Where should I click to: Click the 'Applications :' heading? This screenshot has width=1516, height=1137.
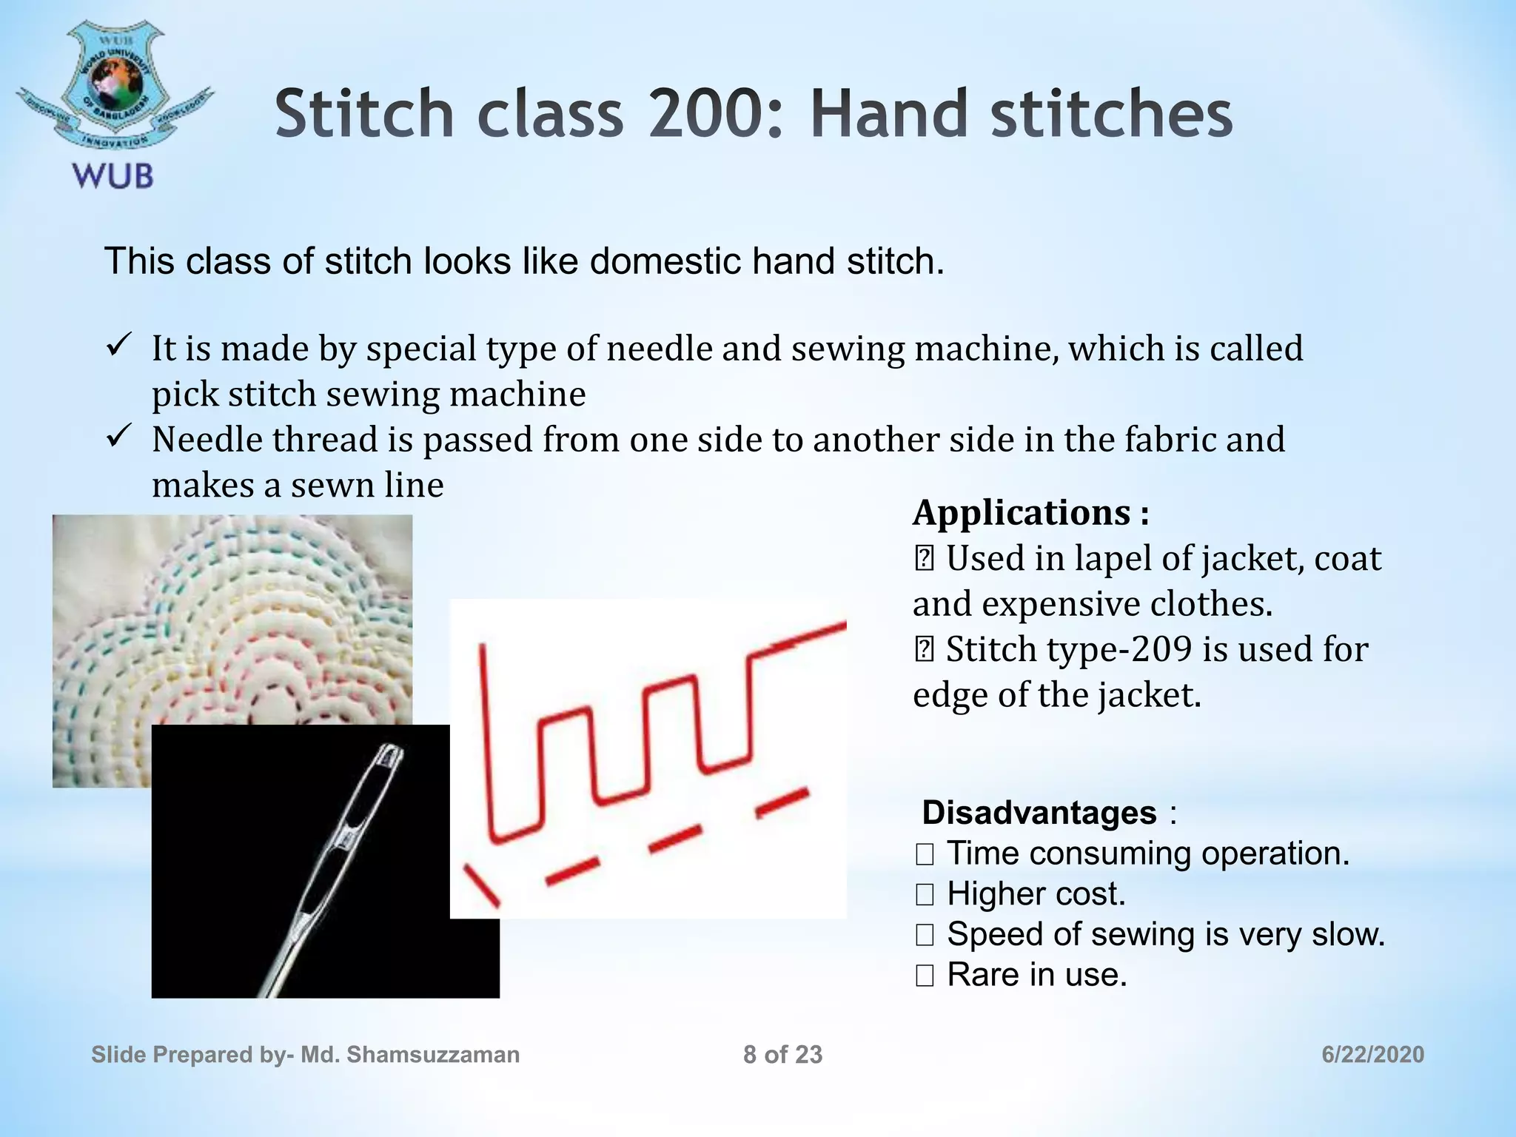(x=1031, y=512)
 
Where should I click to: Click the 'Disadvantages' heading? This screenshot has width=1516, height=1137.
(x=1039, y=813)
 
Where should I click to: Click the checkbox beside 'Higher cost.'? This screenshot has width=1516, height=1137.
(x=925, y=895)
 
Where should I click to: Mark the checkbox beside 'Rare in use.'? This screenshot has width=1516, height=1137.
(x=925, y=976)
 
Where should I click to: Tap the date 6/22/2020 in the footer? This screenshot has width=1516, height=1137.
(x=1372, y=1055)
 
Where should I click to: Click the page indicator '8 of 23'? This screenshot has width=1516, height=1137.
(x=782, y=1055)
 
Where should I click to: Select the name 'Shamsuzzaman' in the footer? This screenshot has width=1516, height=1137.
(x=433, y=1055)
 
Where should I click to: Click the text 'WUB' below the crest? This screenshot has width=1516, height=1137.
(x=113, y=177)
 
